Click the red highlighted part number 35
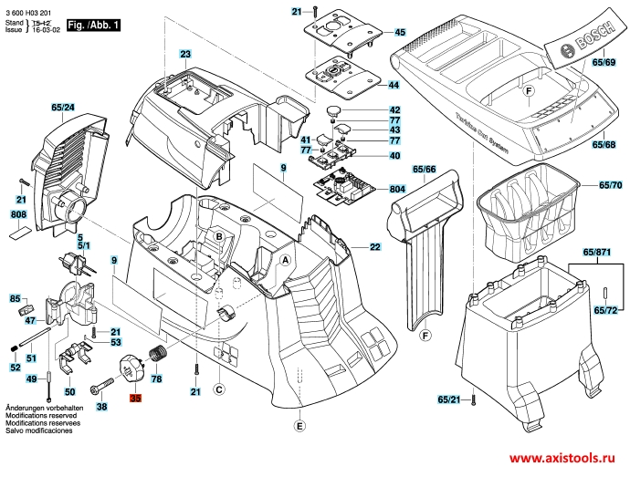point(136,399)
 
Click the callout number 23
point(185,56)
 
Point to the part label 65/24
point(63,108)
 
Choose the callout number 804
point(397,189)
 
